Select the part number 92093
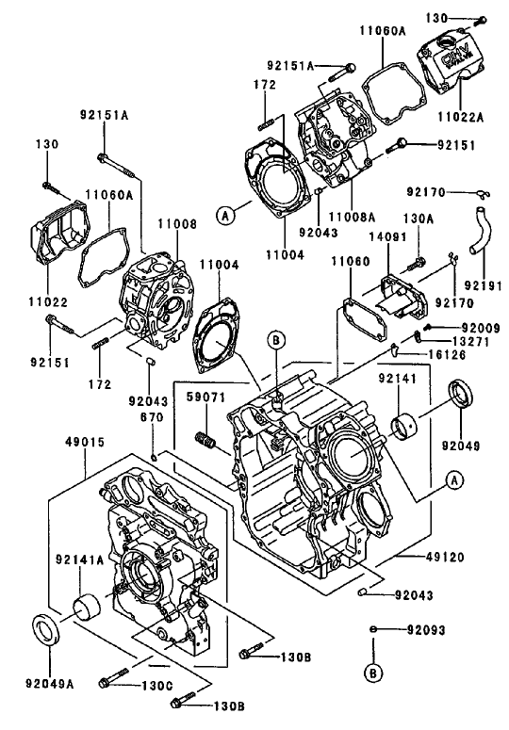click(x=426, y=629)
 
